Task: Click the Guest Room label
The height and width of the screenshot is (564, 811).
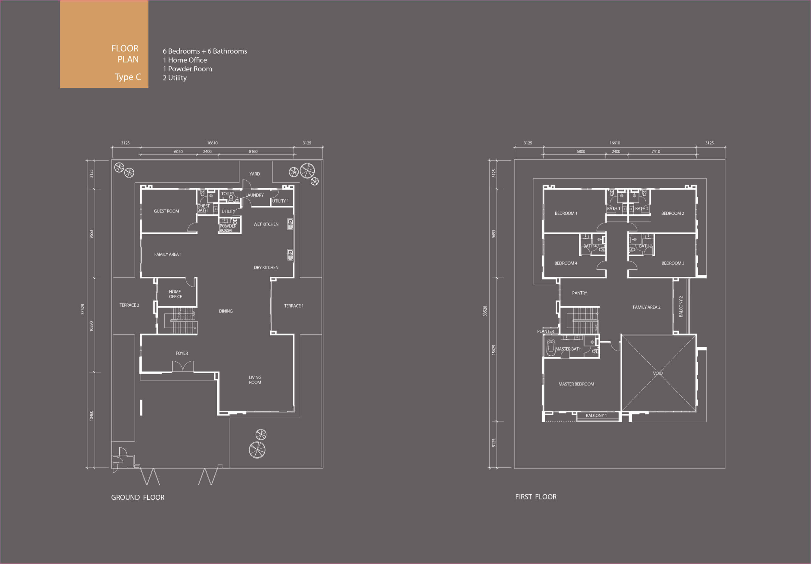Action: point(166,211)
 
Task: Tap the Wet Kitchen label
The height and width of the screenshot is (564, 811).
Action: point(266,224)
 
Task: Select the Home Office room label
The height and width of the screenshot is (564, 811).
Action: point(175,294)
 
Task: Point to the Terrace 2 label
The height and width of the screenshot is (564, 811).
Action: point(129,305)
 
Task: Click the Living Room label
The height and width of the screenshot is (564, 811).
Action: point(255,380)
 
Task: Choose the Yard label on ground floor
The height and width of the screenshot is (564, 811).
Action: point(255,174)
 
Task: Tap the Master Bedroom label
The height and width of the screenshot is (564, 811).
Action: point(576,384)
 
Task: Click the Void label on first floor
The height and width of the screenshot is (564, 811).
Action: point(658,373)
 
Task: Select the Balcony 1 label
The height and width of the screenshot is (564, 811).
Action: point(596,416)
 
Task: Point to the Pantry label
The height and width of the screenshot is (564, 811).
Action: point(580,293)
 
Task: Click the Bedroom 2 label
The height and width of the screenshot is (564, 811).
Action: point(673,213)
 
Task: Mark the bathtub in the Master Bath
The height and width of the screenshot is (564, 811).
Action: point(551,347)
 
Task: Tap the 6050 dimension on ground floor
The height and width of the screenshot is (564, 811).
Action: point(178,151)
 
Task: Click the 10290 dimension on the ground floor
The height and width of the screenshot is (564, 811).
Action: point(92,326)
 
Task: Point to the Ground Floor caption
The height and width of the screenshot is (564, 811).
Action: point(138,497)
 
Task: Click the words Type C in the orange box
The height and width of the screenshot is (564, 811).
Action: point(128,77)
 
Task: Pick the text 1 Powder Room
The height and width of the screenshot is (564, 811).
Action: point(188,69)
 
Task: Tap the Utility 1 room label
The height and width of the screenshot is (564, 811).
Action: point(280,201)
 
